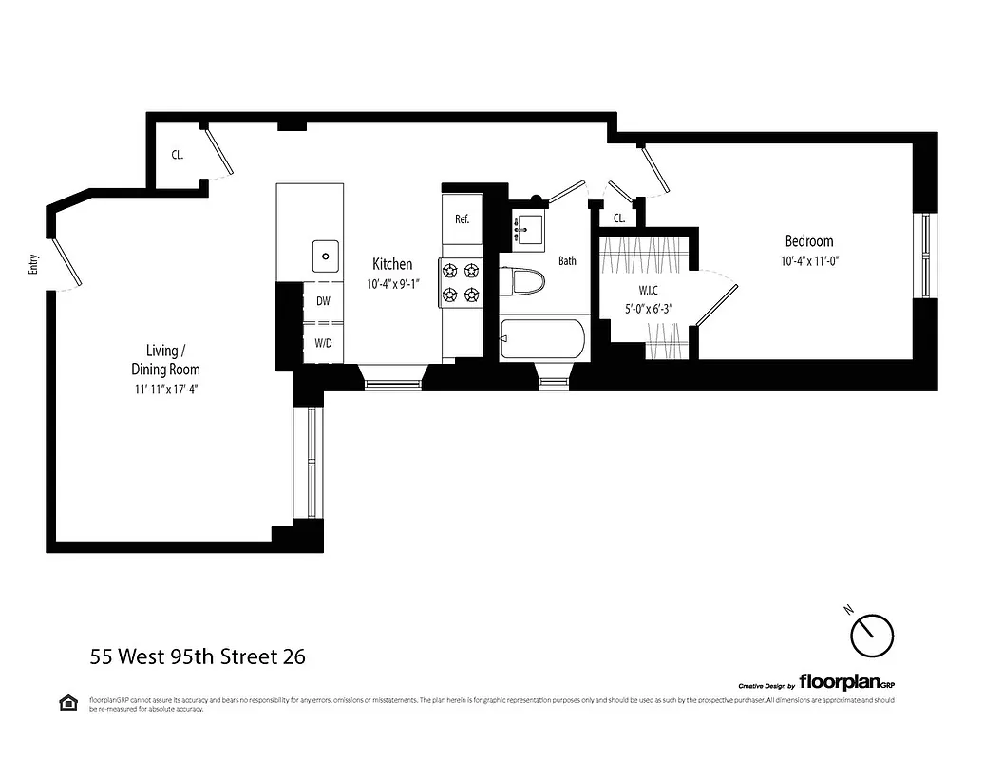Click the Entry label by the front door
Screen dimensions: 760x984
pos(34,263)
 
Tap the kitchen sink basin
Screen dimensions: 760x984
pos(326,255)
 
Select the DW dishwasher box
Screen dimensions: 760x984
pos(323,301)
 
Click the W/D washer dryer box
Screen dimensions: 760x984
pos(323,342)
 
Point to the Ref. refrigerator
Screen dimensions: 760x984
pos(463,219)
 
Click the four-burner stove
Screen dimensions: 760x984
pos(461,282)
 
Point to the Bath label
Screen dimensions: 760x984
pos(567,261)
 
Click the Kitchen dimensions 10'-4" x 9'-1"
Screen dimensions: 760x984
pos(392,283)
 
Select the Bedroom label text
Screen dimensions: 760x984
pos(808,241)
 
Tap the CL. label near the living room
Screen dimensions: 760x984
pos(178,154)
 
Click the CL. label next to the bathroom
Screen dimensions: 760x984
pos(619,218)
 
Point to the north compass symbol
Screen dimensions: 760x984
pos(871,635)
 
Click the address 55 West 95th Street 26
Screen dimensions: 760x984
pos(198,656)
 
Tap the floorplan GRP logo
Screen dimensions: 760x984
pos(846,681)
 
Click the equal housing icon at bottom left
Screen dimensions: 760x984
pos(68,703)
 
